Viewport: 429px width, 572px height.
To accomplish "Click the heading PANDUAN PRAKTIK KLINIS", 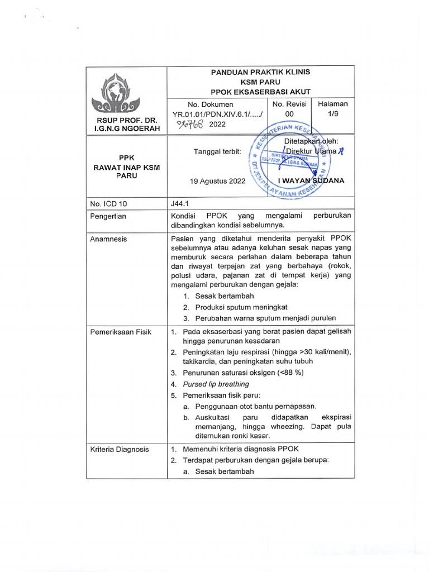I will coord(260,72).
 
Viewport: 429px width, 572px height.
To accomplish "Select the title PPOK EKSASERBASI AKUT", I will coord(260,92).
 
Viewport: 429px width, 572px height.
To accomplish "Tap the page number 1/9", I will coord(332,113).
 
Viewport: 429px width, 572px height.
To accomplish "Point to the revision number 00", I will coord(285,113).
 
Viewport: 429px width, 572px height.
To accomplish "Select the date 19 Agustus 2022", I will coord(217,181).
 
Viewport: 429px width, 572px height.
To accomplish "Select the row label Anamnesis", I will coord(108,239).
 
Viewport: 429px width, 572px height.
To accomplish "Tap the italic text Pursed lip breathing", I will coord(216,384).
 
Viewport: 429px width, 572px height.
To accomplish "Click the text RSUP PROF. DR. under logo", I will coord(126,120).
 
